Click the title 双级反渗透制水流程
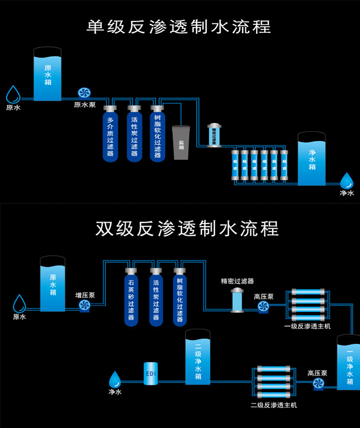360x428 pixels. click(187, 228)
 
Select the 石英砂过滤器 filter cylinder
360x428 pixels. click(131, 297)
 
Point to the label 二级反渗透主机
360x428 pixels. click(274, 405)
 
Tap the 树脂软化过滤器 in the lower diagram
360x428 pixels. click(180, 297)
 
